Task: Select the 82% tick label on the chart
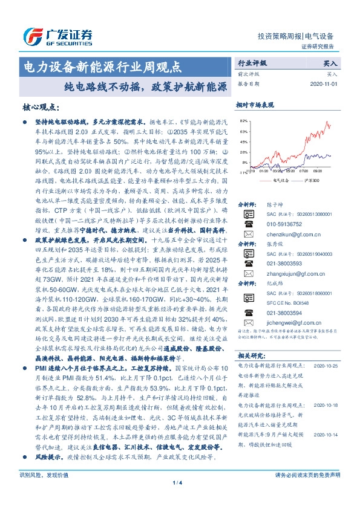point(242,121)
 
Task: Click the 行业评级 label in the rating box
point(252,62)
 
